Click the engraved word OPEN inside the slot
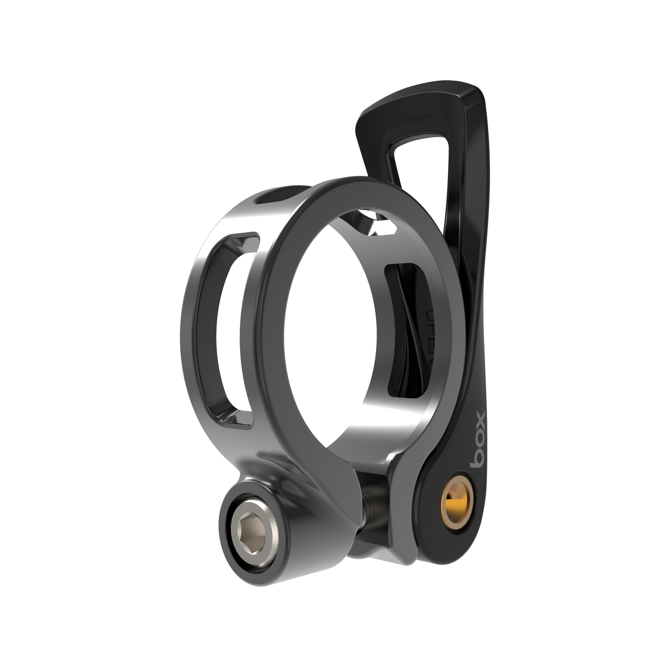(430, 337)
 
